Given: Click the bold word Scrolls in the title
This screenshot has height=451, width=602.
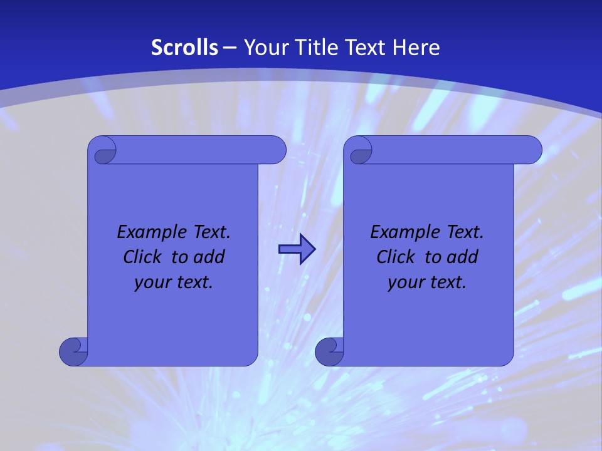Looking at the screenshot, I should tap(184, 48).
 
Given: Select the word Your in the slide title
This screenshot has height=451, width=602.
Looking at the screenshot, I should tap(263, 48).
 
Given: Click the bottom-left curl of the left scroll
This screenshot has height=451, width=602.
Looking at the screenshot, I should tap(73, 351).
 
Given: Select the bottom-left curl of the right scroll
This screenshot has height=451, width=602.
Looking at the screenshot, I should tap(329, 351).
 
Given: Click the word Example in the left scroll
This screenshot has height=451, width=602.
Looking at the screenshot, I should tap(149, 232).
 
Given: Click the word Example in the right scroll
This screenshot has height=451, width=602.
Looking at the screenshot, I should tap(403, 232).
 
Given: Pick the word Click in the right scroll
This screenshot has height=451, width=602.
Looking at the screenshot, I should tap(396, 257).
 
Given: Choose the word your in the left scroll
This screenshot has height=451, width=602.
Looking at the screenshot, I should tap(150, 283).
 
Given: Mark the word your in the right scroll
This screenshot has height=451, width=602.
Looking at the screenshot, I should tap(404, 283).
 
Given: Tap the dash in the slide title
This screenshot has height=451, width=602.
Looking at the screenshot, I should tap(229, 48).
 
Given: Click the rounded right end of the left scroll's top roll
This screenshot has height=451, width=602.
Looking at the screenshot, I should tap(276, 150).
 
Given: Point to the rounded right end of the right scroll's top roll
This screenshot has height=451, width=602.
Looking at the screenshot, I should tap(532, 150).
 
